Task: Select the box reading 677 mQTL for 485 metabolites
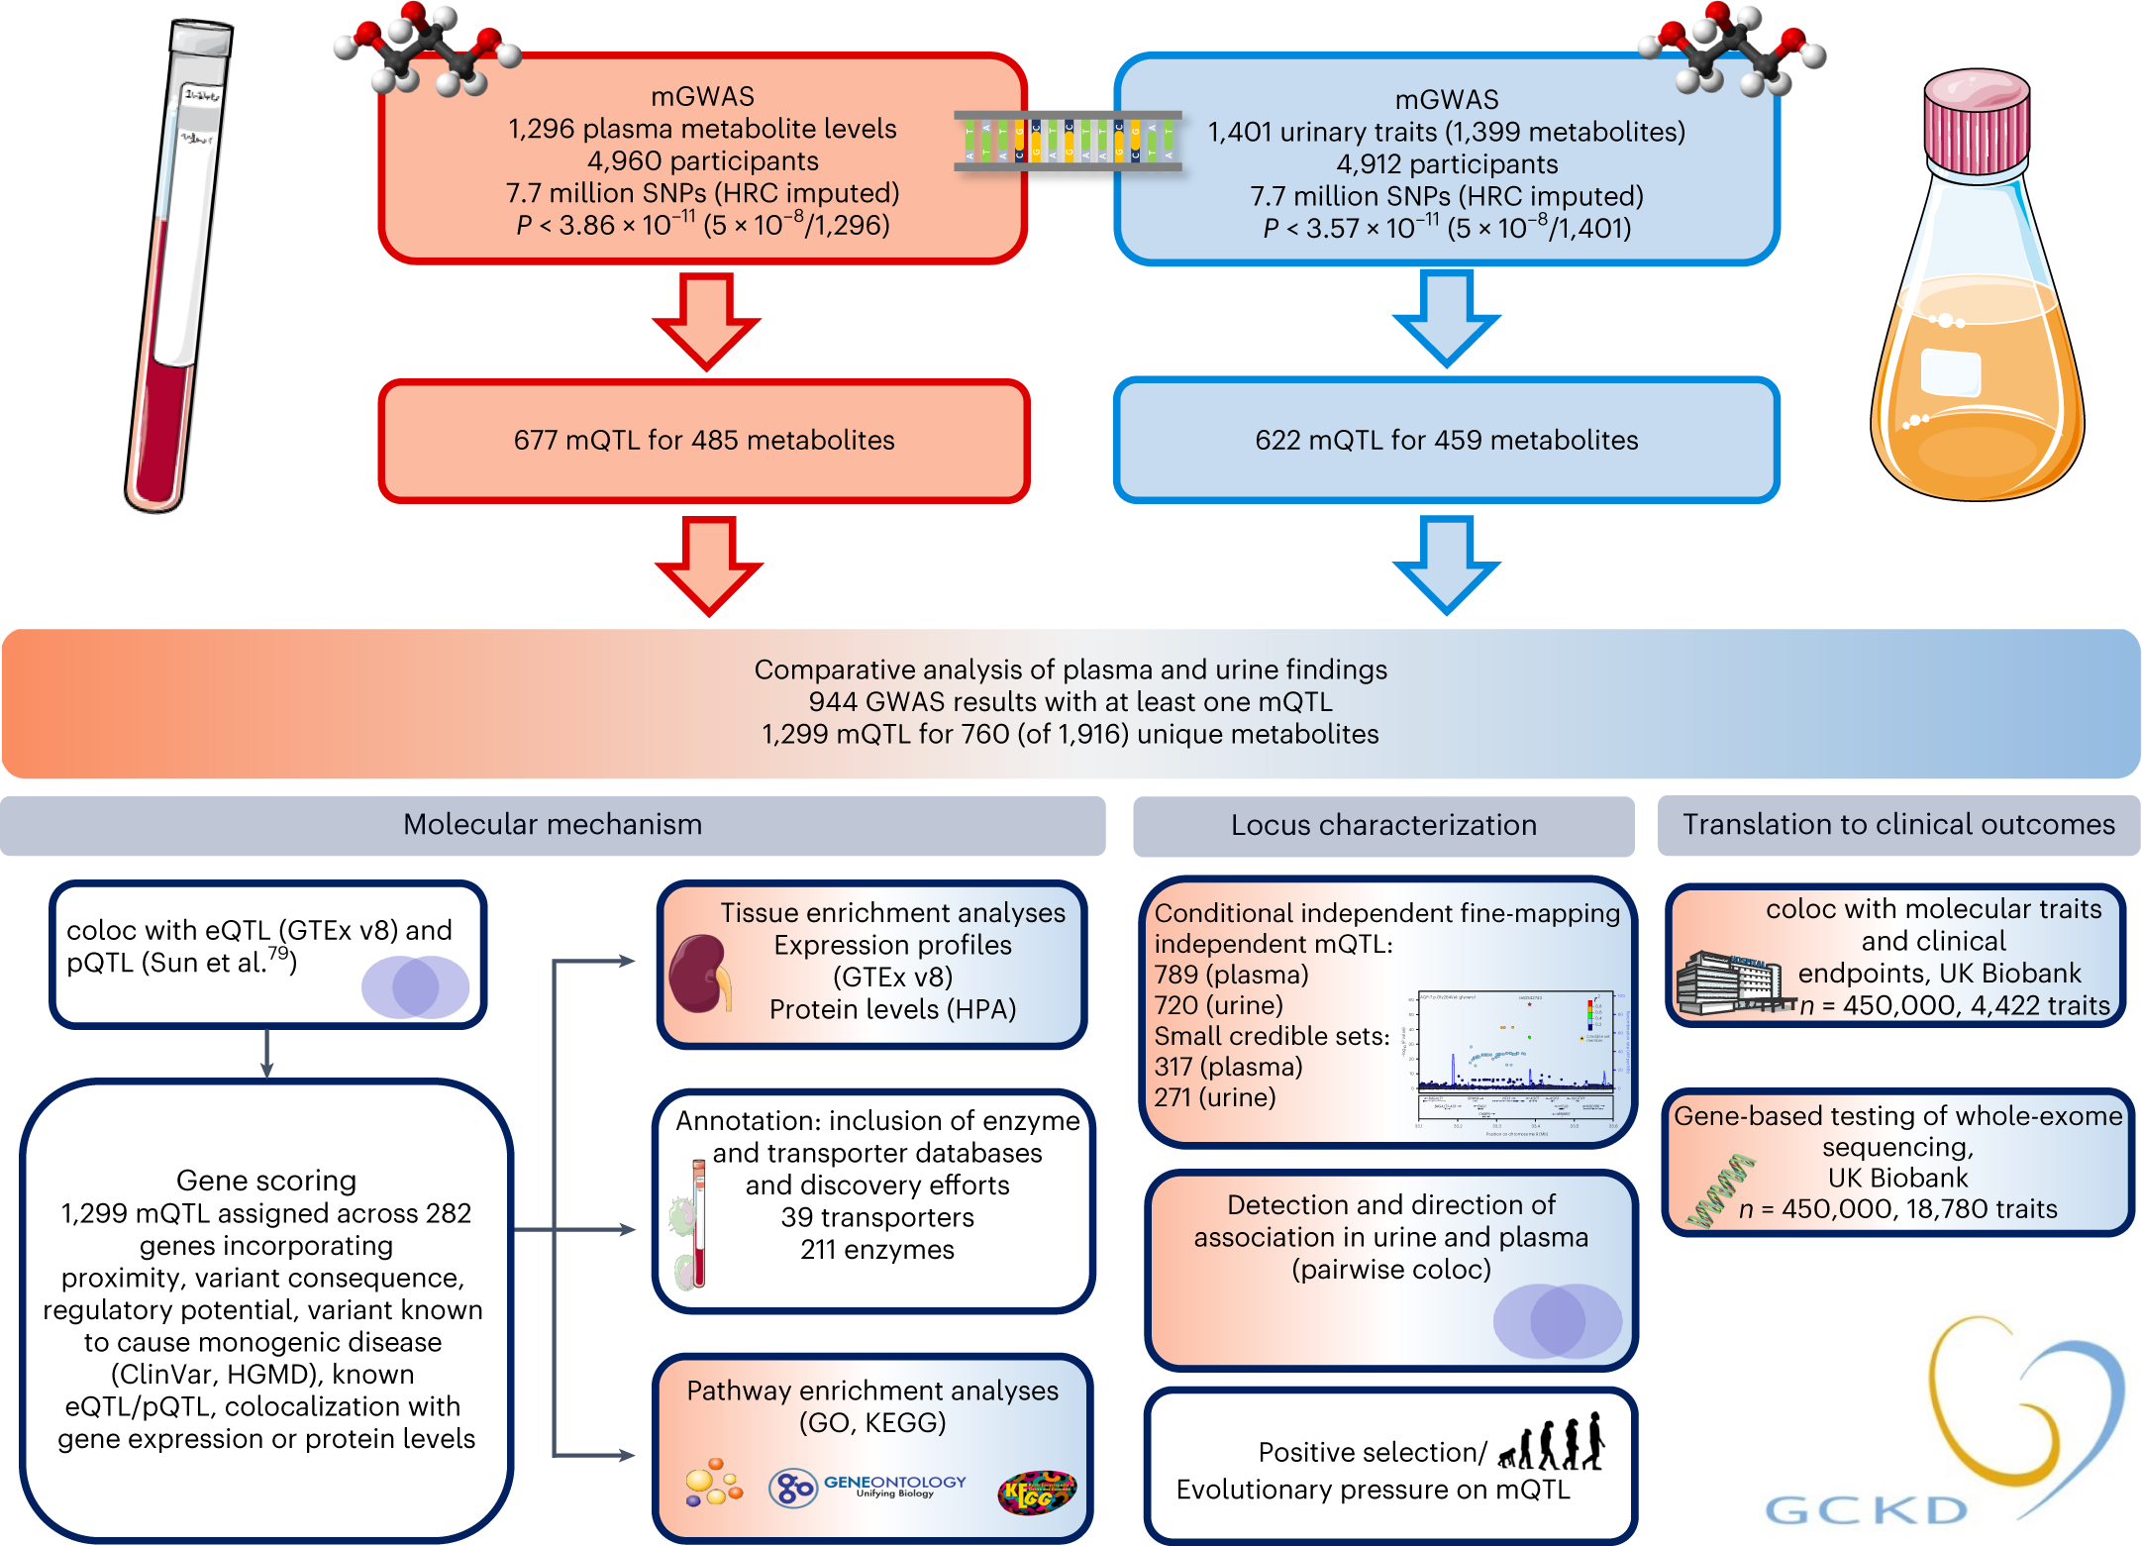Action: point(704,441)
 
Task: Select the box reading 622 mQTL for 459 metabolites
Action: point(1446,441)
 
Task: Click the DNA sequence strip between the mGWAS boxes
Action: point(1068,141)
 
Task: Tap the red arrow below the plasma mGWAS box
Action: point(706,320)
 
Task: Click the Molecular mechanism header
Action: point(553,825)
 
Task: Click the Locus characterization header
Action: point(1382,826)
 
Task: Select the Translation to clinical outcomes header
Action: point(1897,825)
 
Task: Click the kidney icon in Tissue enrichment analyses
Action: point(699,975)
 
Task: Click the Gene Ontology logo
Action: point(867,1487)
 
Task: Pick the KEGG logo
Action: point(1036,1492)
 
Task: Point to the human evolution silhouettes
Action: point(1552,1442)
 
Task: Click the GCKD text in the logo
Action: point(1867,1509)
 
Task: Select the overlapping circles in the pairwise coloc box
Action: point(1556,1321)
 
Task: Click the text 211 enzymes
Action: point(877,1250)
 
